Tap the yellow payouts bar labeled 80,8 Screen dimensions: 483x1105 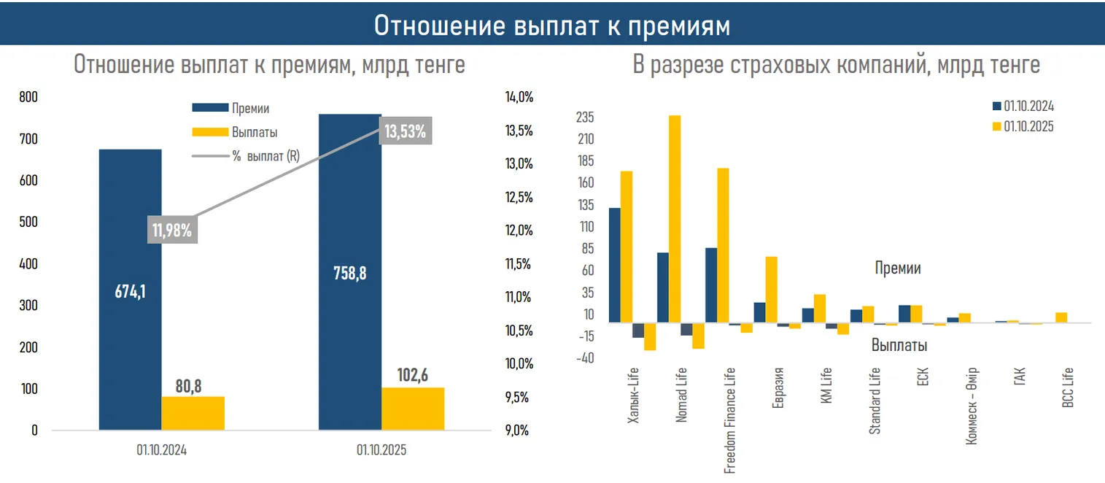tap(193, 413)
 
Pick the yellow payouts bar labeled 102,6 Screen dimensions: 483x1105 tap(412, 409)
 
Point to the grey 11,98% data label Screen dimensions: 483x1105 tap(171, 231)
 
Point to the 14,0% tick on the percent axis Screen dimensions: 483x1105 tap(519, 97)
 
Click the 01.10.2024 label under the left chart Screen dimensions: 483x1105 tap(161, 451)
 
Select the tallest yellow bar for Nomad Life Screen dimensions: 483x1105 tap(675, 219)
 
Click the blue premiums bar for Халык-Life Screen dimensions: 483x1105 tap(615, 265)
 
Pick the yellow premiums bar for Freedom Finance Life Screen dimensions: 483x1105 tap(723, 245)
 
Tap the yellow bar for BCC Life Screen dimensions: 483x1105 tap(1061, 317)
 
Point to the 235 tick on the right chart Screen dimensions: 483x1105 tap(586, 117)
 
